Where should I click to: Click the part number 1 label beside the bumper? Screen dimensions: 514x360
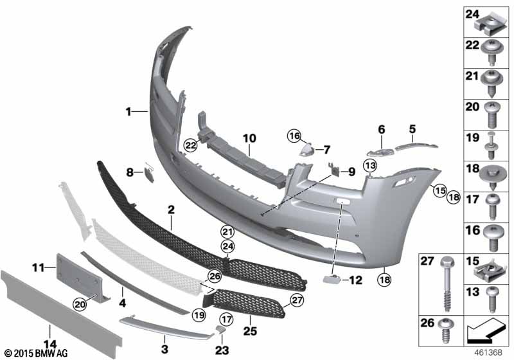[128, 112]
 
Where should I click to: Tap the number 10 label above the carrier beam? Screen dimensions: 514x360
[249, 138]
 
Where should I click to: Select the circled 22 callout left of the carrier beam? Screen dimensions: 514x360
[190, 145]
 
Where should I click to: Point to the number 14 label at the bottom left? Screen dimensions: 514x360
[50, 345]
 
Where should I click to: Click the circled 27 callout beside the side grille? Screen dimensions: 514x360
[297, 300]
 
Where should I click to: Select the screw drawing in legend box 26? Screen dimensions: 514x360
[445, 330]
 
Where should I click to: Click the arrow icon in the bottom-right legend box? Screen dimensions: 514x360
[484, 330]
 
